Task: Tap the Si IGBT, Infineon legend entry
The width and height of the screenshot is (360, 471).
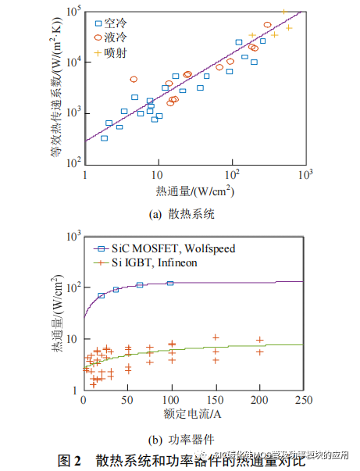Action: click(x=155, y=262)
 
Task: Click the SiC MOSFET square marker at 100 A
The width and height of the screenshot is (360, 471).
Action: click(x=170, y=283)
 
